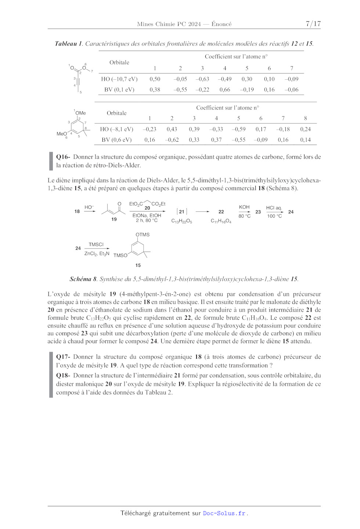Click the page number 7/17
[x=313, y=24]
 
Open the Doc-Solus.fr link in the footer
[x=224, y=513]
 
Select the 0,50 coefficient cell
[x=155, y=79]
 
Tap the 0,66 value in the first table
[x=224, y=90]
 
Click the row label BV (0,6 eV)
[x=116, y=140]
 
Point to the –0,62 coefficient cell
[x=172, y=140]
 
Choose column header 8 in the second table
[x=305, y=118]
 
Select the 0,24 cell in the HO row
[x=305, y=129]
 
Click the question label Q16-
[x=63, y=157]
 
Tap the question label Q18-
[x=63, y=376]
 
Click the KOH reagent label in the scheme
[x=244, y=207]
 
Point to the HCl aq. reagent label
[x=274, y=208]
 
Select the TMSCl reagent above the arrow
[x=96, y=244]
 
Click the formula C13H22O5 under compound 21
[x=181, y=221]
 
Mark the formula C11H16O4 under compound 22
[x=221, y=221]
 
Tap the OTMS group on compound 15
[x=143, y=235]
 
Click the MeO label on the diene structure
[x=61, y=134]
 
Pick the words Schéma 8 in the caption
[x=83, y=279]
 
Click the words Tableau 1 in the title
[x=68, y=44]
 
